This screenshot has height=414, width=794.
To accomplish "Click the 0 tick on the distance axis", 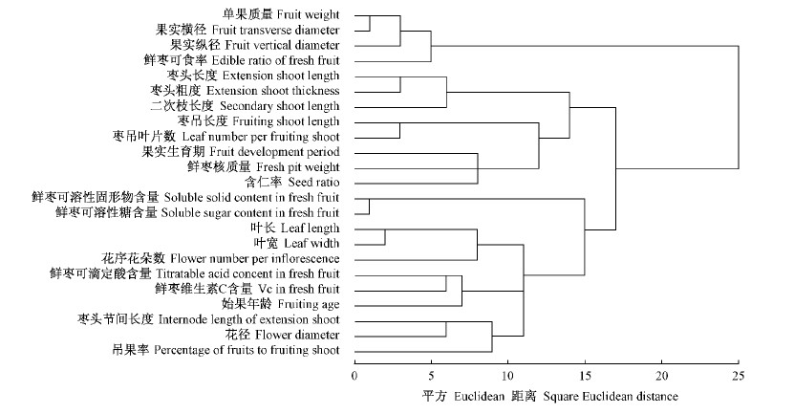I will [354, 375].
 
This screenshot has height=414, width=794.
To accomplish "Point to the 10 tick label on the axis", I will [507, 375].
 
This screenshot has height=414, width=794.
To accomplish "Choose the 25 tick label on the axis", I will [738, 375].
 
